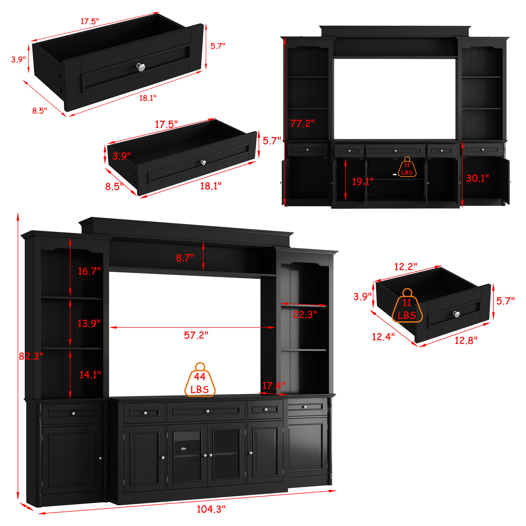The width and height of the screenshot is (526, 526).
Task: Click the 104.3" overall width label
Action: pyautogui.click(x=211, y=509)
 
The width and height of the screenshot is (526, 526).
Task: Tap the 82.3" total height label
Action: pyautogui.click(x=31, y=356)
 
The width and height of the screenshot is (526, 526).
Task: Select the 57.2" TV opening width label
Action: pyautogui.click(x=196, y=335)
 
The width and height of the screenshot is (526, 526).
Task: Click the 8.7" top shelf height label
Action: pyautogui.click(x=185, y=258)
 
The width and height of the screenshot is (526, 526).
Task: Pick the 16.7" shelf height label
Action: pyautogui.click(x=89, y=271)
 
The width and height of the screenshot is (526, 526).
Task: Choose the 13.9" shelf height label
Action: pyautogui.click(x=89, y=323)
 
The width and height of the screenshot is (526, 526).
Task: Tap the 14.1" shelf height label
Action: pyautogui.click(x=90, y=375)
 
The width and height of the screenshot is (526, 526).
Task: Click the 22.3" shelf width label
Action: pyautogui.click(x=305, y=315)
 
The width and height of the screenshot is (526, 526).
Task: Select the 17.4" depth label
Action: pyautogui.click(x=274, y=386)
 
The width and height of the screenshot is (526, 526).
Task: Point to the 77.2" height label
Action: pyautogui.click(x=302, y=123)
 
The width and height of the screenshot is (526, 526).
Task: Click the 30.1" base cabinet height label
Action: pyautogui.click(x=478, y=178)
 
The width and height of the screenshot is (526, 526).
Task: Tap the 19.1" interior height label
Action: pyautogui.click(x=363, y=181)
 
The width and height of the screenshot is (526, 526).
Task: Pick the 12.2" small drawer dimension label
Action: pyautogui.click(x=405, y=267)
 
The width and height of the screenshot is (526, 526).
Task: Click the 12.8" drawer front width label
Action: pyautogui.click(x=466, y=340)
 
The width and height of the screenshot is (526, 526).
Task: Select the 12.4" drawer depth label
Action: pyautogui.click(x=383, y=337)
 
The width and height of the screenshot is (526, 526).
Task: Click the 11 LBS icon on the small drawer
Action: pyautogui.click(x=407, y=305)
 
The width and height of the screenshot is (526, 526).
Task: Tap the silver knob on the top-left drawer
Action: pyautogui.click(x=140, y=67)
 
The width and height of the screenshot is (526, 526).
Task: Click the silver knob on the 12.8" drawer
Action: pyautogui.click(x=456, y=314)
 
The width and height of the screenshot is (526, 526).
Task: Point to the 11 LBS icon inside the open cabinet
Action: pyautogui.click(x=407, y=167)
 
